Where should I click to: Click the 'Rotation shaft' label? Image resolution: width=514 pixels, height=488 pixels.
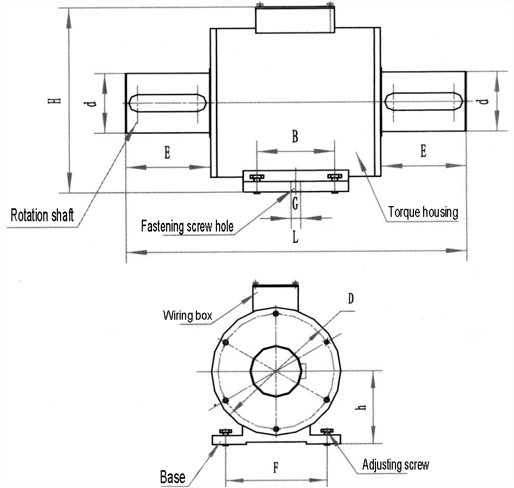pos(42,215)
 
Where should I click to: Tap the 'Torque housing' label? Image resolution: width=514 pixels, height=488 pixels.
pos(423,212)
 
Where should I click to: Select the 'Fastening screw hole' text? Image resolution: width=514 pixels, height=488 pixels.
pos(187,227)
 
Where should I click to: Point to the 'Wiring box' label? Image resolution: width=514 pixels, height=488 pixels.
pos(188,315)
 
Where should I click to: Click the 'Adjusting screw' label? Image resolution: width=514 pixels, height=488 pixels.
pos(396,465)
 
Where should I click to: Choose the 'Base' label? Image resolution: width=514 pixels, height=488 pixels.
pos(173,477)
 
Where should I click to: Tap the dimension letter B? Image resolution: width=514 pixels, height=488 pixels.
pos(295,136)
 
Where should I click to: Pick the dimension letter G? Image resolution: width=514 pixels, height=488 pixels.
pos(295,203)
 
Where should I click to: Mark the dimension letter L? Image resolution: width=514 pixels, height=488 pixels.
pos(295,236)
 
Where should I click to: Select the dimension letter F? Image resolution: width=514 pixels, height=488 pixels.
pos(276,467)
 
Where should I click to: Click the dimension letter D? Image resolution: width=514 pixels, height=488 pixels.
pos(351,299)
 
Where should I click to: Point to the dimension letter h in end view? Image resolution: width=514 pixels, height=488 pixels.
pos(361,407)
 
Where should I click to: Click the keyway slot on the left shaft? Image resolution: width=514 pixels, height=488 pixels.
pos(168,103)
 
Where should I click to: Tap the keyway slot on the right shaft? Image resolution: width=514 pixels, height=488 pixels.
pos(424,101)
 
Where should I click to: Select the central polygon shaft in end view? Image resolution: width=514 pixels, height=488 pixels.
pos(276,371)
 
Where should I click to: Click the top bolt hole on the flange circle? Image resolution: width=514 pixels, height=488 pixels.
pos(276,314)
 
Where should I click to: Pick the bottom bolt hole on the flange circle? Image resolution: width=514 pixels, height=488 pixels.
pos(276,429)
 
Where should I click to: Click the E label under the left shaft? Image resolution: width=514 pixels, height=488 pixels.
pos(167,153)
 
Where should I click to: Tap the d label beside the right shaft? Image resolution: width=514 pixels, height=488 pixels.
pos(483,101)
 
